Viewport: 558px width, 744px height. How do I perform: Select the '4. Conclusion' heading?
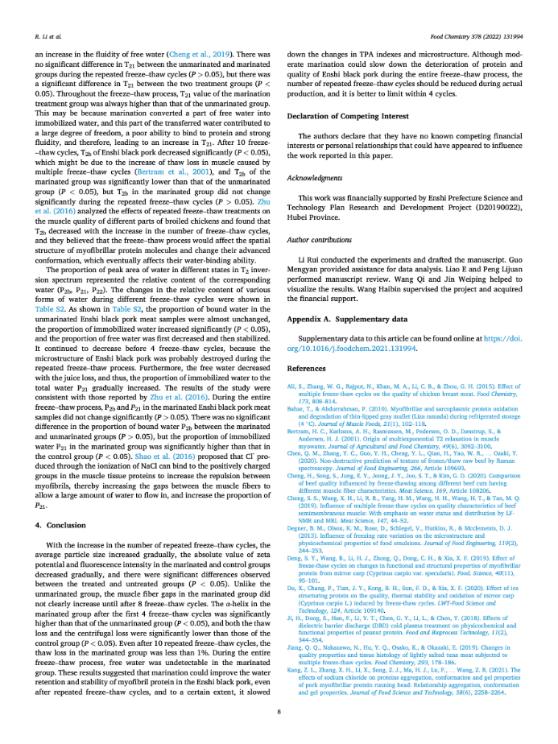click(x=62, y=480)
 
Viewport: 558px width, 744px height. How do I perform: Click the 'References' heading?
click(x=306, y=367)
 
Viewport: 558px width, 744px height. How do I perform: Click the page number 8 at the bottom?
click(x=279, y=711)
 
